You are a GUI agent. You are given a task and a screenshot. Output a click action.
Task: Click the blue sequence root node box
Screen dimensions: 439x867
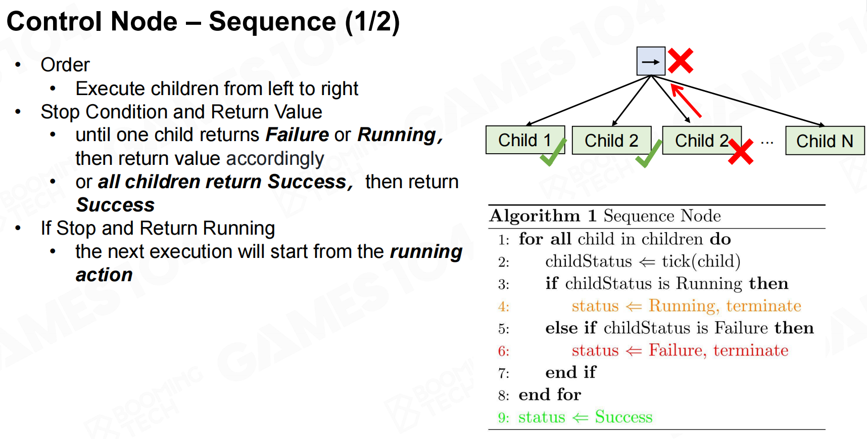click(650, 61)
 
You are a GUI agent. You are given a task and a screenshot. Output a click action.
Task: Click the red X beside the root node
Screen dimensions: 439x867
click(681, 61)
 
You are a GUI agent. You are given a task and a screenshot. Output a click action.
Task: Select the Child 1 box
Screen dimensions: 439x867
click(524, 140)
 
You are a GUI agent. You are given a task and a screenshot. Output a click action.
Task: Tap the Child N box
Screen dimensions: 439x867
click(825, 141)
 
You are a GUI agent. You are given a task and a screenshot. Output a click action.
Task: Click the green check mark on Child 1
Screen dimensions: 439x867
click(553, 153)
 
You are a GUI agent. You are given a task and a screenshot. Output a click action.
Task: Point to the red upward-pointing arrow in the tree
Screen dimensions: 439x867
click(686, 101)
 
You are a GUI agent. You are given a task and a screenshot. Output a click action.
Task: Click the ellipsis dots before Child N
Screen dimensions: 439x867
click(767, 143)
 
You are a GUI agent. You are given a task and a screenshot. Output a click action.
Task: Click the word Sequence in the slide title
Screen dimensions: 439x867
click(272, 22)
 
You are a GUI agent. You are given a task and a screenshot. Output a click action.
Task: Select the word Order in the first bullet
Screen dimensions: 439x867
click(65, 65)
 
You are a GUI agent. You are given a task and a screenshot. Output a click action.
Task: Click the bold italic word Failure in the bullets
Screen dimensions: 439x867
click(297, 135)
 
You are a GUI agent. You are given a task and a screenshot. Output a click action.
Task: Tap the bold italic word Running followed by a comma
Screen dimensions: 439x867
click(400, 135)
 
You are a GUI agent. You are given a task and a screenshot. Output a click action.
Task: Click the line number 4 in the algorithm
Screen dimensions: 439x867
click(503, 306)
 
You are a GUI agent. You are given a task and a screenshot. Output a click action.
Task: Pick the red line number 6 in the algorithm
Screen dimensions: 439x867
click(503, 351)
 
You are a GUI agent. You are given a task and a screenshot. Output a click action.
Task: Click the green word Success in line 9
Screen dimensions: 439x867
click(623, 417)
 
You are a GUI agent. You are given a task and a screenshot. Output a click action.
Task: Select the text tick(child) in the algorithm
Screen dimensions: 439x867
click(701, 261)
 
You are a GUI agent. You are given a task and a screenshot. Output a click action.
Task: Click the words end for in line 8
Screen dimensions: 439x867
click(550, 394)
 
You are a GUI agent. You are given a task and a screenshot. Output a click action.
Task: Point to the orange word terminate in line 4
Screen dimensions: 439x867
click(763, 306)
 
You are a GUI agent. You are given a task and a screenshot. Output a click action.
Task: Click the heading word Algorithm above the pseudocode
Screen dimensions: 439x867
click(535, 216)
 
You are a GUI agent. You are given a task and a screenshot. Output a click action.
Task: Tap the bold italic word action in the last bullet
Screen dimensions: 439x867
click(104, 275)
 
